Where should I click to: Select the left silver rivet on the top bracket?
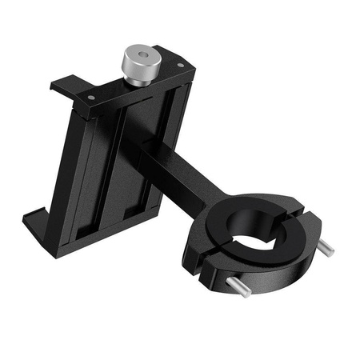click(x=90, y=98)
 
